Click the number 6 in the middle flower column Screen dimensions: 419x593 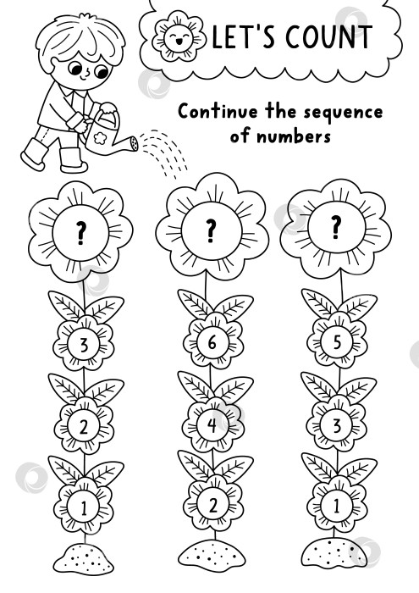pyautogui.click(x=212, y=342)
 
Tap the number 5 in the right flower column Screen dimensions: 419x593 pyautogui.click(x=337, y=342)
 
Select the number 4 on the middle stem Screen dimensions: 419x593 pyautogui.click(x=212, y=425)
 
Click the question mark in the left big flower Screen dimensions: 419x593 pyautogui.click(x=81, y=233)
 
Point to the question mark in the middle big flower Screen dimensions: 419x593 pyautogui.click(x=212, y=230)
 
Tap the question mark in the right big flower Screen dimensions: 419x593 pyautogui.click(x=336, y=227)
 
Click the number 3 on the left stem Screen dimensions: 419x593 pyautogui.click(x=84, y=345)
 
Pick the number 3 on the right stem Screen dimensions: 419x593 pyautogui.click(x=337, y=425)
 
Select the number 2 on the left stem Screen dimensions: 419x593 pyautogui.click(x=84, y=427)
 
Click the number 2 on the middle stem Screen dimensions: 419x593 pyautogui.click(x=213, y=505)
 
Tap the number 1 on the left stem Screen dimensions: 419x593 pyautogui.click(x=84, y=508)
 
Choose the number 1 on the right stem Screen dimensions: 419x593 pyautogui.click(x=337, y=505)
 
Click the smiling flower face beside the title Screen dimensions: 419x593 pyautogui.click(x=179, y=36)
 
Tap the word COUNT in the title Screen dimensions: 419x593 pyautogui.click(x=328, y=36)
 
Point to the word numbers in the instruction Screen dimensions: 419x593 pyautogui.click(x=294, y=136)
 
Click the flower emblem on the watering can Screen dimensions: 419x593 pyautogui.click(x=101, y=137)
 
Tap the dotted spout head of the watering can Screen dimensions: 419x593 pyautogui.click(x=134, y=143)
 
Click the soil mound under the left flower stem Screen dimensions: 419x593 pyautogui.click(x=83, y=559)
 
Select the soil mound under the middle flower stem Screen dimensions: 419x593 pyautogui.click(x=212, y=556)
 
